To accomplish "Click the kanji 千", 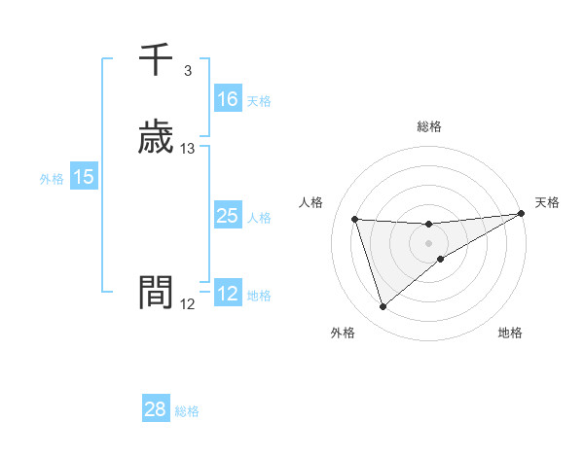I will point(156,60).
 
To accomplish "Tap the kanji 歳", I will point(156,139).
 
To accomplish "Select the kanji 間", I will point(156,292).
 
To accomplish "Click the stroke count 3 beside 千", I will point(187,71).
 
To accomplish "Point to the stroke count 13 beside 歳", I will point(188,149).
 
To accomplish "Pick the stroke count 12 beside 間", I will point(188,304).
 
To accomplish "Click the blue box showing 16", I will point(227,99).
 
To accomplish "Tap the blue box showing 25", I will point(227,216).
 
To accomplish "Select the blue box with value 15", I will point(84,177).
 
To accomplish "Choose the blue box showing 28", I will point(156,409).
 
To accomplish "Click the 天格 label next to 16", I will point(259,101).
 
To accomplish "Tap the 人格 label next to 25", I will point(259,218).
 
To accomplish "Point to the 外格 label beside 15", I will point(52,179).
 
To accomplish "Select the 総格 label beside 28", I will point(187,411).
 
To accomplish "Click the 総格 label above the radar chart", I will point(429,126).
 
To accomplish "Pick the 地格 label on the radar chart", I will point(510,333).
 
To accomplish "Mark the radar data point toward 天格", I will point(521,214).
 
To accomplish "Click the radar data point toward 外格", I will point(383,307).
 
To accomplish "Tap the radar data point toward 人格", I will point(355,220).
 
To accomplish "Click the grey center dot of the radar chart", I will point(429,242).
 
